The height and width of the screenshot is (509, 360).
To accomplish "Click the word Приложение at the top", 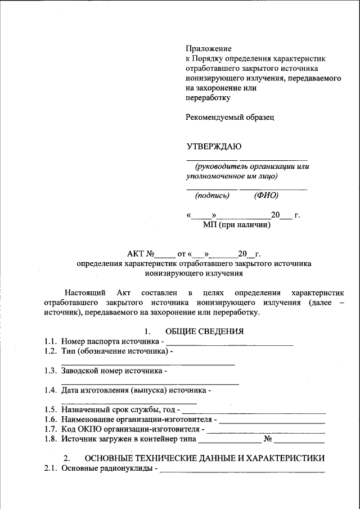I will coord(209,49).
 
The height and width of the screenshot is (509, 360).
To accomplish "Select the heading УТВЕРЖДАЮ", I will coord(214,147).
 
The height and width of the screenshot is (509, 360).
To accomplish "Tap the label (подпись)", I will coord(212,196).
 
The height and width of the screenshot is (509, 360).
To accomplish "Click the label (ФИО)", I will coord(266,196).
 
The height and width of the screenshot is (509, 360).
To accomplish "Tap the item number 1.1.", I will coord(51,341).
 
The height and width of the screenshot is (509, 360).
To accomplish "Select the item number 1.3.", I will coord(51,371).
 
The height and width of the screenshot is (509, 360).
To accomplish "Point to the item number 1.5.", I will coord(51,410).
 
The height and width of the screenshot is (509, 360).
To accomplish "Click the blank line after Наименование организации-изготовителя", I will coord(272,420).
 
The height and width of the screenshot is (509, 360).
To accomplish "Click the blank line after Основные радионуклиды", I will coord(242,469).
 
